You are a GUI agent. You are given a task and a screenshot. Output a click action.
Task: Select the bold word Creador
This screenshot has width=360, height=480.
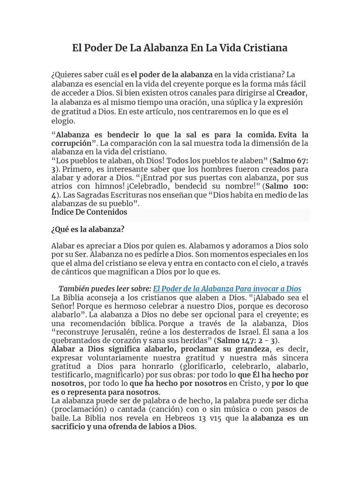291,93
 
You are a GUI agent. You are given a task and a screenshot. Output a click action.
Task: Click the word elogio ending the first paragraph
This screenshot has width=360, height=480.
63,121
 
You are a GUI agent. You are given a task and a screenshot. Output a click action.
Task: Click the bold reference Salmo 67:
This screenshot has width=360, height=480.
291,160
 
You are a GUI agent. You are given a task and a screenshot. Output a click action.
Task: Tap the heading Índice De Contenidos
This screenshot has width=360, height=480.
89,212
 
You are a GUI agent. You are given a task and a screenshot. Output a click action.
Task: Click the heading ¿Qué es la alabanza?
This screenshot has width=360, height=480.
88,230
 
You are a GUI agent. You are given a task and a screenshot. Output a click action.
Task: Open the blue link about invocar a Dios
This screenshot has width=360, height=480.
227,289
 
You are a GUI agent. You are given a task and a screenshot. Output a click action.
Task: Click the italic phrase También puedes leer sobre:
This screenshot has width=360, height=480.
105,289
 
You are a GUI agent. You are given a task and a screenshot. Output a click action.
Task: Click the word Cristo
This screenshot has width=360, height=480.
252,383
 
